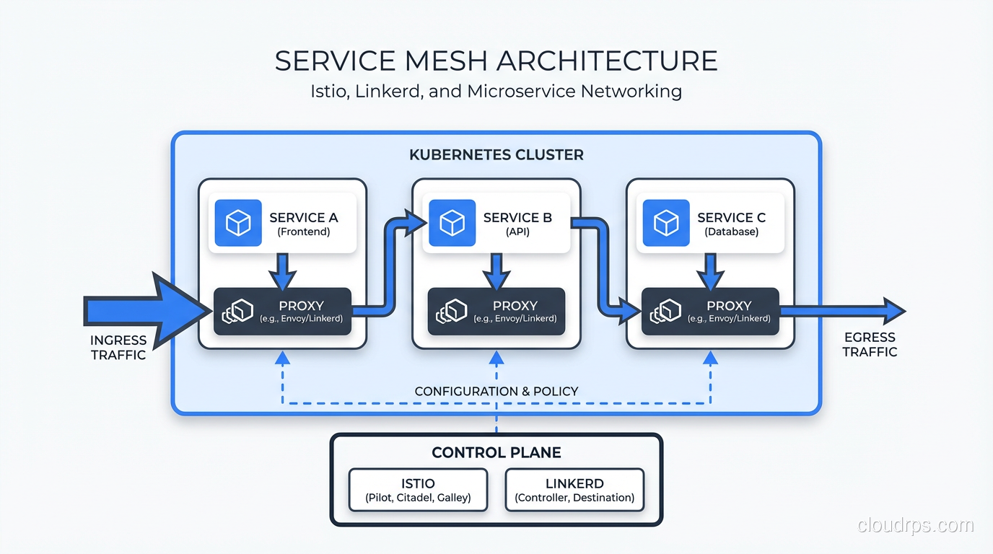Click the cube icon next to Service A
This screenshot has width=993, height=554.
(x=238, y=223)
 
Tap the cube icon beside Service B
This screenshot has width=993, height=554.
(x=452, y=223)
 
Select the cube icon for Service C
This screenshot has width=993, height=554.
(x=665, y=223)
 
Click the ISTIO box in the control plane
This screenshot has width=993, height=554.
(x=418, y=490)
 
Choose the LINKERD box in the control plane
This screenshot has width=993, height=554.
(x=574, y=490)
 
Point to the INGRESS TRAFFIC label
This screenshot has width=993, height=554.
(x=118, y=347)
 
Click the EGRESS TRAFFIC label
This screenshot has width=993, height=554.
(x=870, y=344)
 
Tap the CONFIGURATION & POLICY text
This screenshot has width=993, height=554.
(x=496, y=391)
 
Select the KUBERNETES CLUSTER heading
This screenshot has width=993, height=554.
(x=496, y=155)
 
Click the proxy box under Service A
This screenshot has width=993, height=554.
(x=282, y=311)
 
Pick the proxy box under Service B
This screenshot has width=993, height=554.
(x=496, y=311)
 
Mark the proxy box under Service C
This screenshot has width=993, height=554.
(x=710, y=311)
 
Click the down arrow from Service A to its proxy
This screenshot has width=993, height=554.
(x=282, y=271)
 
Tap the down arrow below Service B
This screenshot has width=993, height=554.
(x=496, y=271)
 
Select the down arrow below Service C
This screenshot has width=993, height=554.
(x=710, y=271)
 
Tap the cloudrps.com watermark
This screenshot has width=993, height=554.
(x=915, y=525)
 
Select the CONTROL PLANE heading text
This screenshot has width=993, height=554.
(x=496, y=452)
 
